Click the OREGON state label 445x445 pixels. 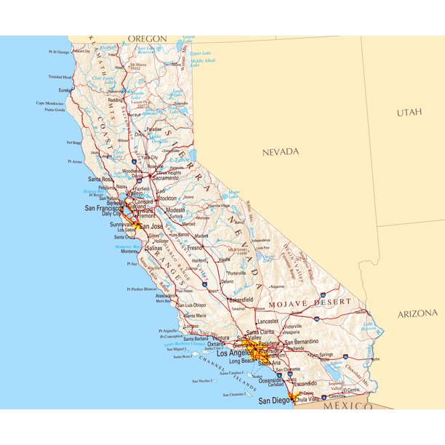(x=147, y=39)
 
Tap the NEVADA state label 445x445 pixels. (x=281, y=151)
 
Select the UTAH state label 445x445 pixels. (x=409, y=113)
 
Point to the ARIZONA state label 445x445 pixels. (x=417, y=314)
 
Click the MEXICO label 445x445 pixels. (x=348, y=406)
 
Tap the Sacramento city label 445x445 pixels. (x=166, y=178)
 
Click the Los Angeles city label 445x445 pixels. (x=229, y=353)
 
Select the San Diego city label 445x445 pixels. (x=275, y=401)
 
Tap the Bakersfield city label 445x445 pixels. (x=240, y=300)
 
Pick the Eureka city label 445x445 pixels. (x=65, y=90)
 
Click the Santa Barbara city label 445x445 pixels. (x=196, y=339)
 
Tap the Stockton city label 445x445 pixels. (x=167, y=198)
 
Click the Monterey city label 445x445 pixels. (x=130, y=252)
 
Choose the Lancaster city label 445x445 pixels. (x=268, y=321)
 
